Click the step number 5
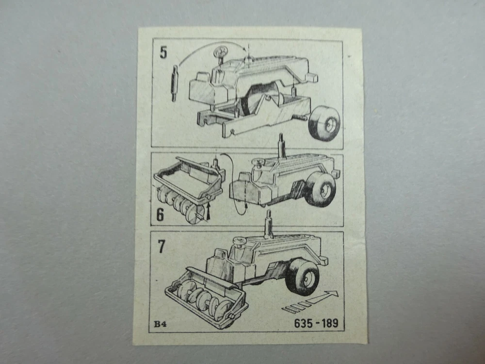click(x=163, y=52)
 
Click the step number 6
click(x=160, y=215)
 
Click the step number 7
click(x=162, y=247)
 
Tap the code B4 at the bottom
click(x=161, y=324)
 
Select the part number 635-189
click(x=316, y=323)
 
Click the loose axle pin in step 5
click(x=174, y=83)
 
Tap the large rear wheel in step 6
click(x=321, y=188)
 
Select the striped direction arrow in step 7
click(x=310, y=301)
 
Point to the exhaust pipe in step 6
click(x=281, y=146)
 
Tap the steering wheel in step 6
click(x=259, y=162)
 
